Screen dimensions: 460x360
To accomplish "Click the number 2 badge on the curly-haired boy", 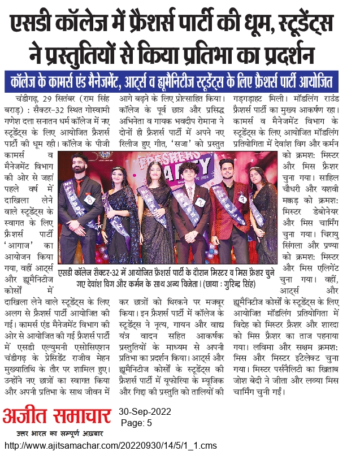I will pyautogui.click(x=199, y=202).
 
